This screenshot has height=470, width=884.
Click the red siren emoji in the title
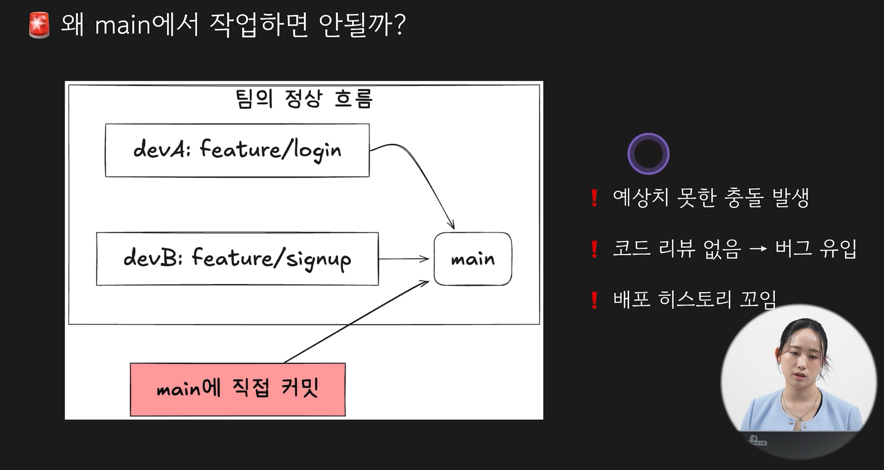pyautogui.click(x=39, y=25)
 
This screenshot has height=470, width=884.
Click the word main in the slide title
pyautogui.click(x=123, y=25)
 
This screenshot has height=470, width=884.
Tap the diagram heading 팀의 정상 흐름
pyautogui.click(x=304, y=99)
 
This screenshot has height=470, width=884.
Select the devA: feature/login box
pyautogui.click(x=237, y=150)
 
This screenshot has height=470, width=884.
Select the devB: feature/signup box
pyautogui.click(x=237, y=259)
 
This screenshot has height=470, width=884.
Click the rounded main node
pyautogui.click(x=472, y=259)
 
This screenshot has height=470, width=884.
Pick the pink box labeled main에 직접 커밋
pyautogui.click(x=238, y=389)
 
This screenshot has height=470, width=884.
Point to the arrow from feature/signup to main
pyautogui.click(x=405, y=259)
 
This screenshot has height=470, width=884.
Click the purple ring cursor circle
pyautogui.click(x=648, y=154)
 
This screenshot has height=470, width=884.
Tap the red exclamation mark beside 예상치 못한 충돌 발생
pyautogui.click(x=594, y=199)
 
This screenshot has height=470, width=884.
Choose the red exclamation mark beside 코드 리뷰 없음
pyautogui.click(x=594, y=249)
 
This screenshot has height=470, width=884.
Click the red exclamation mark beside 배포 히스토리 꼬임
pyautogui.click(x=594, y=300)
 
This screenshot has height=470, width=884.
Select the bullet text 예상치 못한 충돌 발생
pyautogui.click(x=711, y=198)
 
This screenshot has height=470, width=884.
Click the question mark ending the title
pyautogui.click(x=398, y=24)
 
